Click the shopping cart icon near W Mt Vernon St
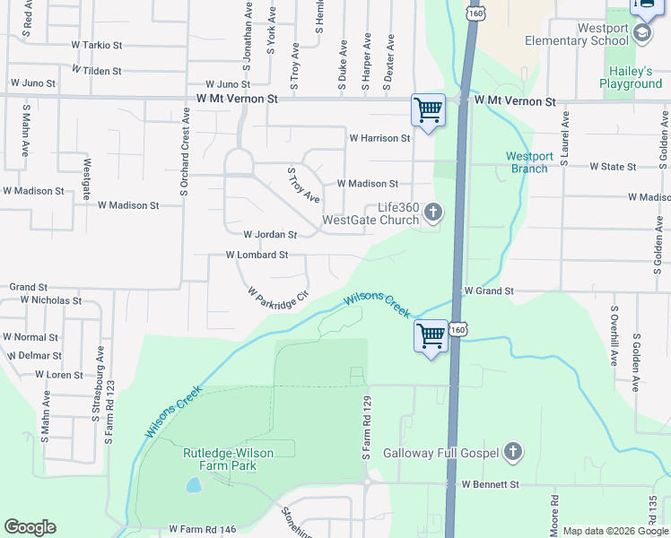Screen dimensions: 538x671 (x=428, y=110)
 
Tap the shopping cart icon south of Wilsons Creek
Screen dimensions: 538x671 (x=431, y=336)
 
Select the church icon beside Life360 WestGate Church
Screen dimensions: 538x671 (x=433, y=213)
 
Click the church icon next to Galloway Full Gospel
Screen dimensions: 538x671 (x=512, y=451)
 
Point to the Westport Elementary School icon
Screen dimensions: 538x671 (x=642, y=33)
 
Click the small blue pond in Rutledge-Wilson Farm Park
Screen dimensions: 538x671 (x=194, y=485)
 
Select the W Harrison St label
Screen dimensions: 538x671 (x=379, y=138)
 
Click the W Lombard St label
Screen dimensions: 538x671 (x=257, y=255)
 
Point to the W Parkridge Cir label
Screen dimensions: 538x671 (x=278, y=296)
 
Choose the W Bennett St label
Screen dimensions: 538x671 (x=491, y=484)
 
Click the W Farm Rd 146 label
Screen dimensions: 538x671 (x=202, y=529)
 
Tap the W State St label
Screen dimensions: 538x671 (x=613, y=166)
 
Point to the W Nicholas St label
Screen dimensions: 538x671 (x=50, y=300)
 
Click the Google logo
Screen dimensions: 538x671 (x=30, y=527)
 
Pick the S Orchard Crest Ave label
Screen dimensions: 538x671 (x=185, y=156)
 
